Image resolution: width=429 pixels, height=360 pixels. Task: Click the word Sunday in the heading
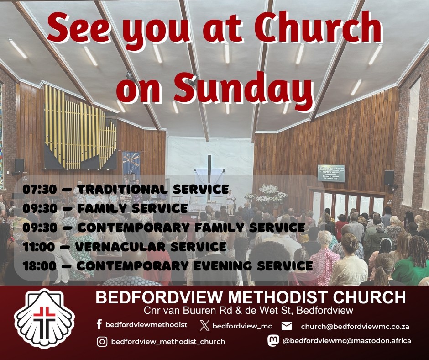click(244, 90)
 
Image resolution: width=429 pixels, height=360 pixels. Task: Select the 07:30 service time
click(40, 189)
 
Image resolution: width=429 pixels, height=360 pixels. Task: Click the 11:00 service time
click(39, 247)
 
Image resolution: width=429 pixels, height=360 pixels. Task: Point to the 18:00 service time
click(39, 266)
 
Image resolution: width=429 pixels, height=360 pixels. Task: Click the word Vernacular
click(120, 247)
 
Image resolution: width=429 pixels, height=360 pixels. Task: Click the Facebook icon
click(99, 324)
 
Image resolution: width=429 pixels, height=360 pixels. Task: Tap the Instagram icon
click(102, 342)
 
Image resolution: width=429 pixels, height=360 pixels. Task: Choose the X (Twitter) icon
click(204, 326)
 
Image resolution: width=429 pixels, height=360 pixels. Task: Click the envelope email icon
click(287, 326)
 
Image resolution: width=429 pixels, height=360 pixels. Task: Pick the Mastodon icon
click(273, 340)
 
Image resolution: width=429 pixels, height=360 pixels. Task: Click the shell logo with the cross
click(44, 318)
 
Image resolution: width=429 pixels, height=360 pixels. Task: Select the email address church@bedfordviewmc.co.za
click(355, 327)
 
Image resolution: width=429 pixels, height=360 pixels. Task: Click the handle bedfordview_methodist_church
click(168, 342)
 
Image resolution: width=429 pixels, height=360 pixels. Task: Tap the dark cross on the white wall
click(209, 177)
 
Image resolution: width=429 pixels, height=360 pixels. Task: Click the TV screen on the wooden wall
click(331, 173)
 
